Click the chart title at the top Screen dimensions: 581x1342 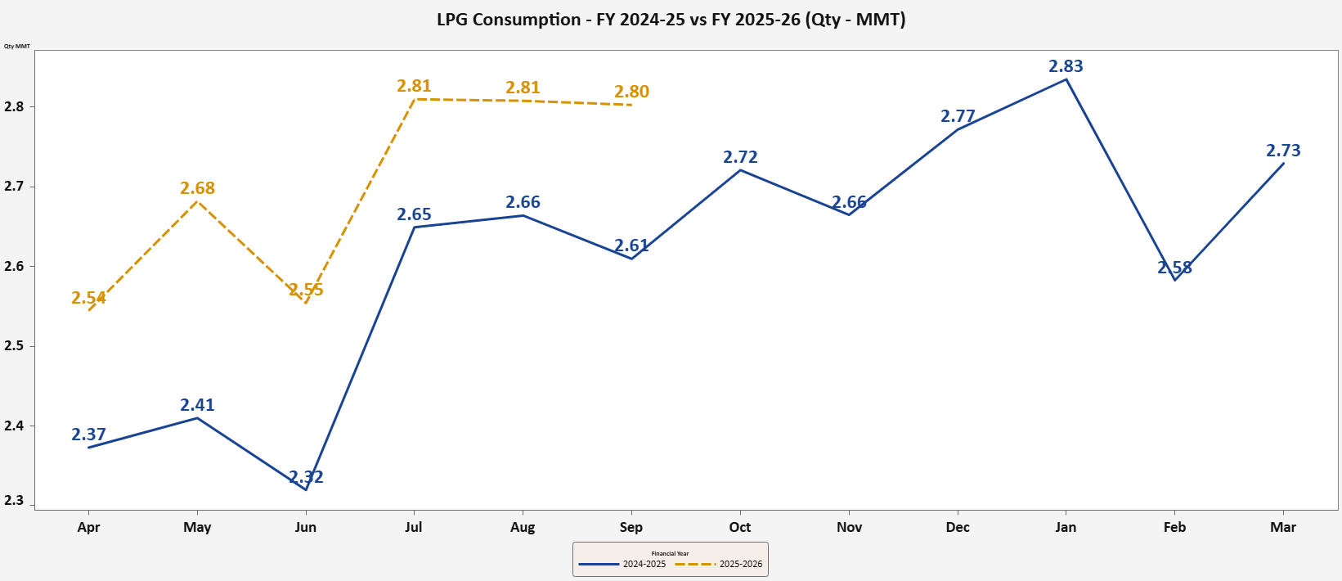click(x=671, y=20)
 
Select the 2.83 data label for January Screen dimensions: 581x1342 click(x=1066, y=66)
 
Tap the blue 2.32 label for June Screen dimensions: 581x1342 click(x=306, y=477)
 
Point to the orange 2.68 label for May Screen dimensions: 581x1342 click(x=197, y=188)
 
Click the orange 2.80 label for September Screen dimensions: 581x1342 click(x=631, y=92)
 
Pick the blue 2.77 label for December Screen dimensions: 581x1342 click(x=958, y=116)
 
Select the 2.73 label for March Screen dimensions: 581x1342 click(x=1283, y=151)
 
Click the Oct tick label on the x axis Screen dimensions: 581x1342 click(x=739, y=527)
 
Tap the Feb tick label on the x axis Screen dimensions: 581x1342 click(x=1174, y=527)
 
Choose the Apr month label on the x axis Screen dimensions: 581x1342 click(x=88, y=527)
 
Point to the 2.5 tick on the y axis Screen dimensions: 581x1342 click(x=14, y=346)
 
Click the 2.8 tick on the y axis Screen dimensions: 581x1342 click(x=14, y=106)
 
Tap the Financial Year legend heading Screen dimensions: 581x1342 click(x=670, y=554)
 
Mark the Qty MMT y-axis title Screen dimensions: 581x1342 click(x=17, y=46)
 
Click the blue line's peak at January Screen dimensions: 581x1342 click(x=1066, y=79)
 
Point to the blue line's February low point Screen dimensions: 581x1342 click(x=1174, y=280)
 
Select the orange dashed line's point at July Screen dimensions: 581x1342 click(x=415, y=99)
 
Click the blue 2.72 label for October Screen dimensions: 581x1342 click(x=740, y=157)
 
